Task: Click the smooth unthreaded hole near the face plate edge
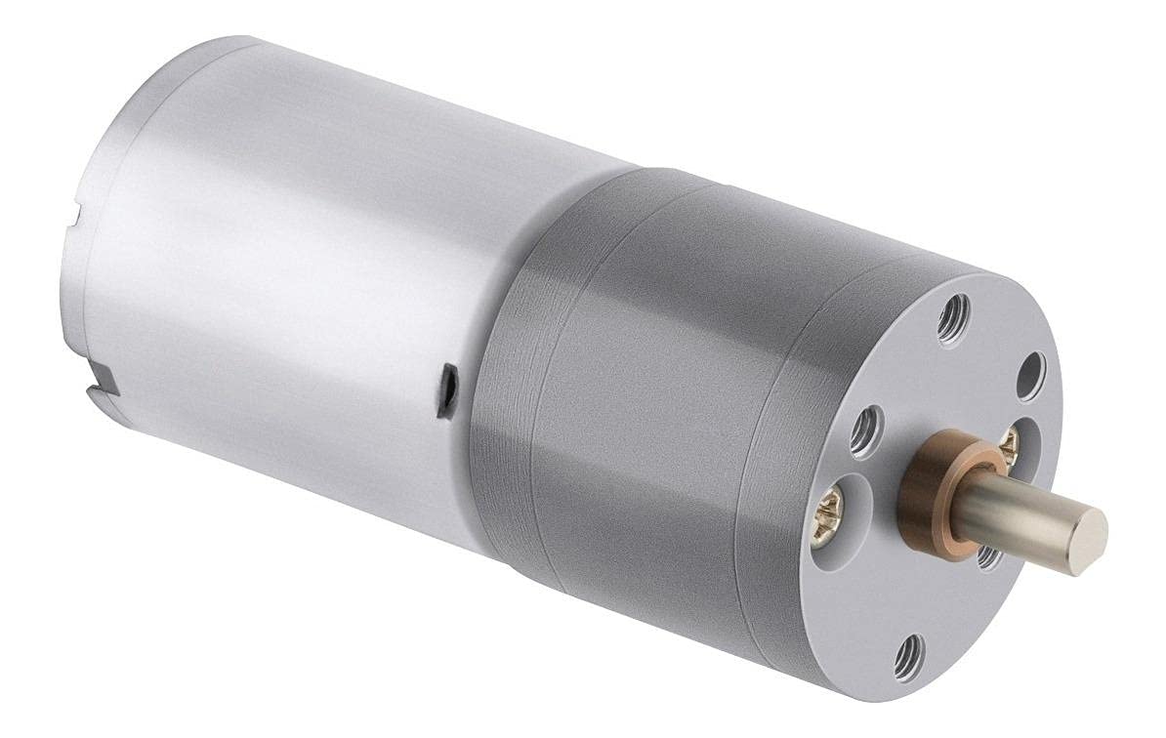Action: tap(1031, 376)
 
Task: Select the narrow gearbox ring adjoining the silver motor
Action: tap(508, 390)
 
